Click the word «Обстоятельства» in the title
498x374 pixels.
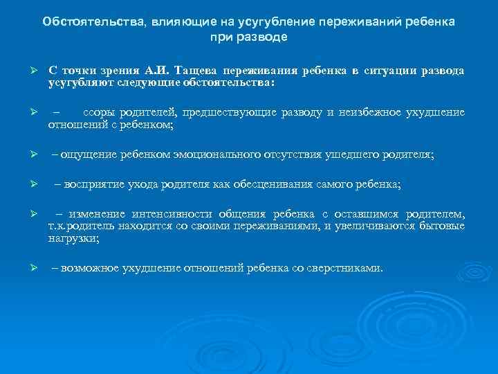coord(90,21)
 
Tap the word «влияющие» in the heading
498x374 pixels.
coord(175,21)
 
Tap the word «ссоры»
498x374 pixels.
coord(98,113)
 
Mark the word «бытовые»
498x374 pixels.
coord(441,226)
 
